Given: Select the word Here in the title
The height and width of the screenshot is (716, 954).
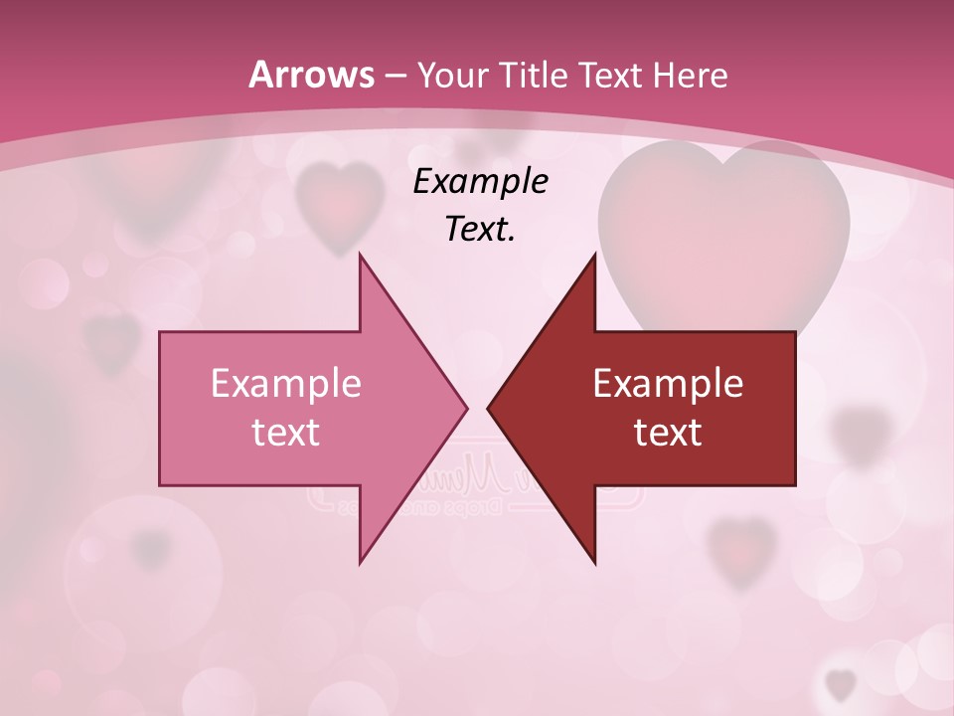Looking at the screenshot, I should point(693,75).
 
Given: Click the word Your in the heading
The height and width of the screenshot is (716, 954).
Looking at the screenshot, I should point(452,75).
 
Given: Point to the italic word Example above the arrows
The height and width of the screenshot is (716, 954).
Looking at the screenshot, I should point(480,181).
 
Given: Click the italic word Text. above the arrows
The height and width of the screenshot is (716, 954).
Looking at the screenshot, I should point(480,229).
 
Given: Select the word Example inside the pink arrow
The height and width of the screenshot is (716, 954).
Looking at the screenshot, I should point(286,383).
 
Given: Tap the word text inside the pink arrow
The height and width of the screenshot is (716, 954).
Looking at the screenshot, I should point(286,432).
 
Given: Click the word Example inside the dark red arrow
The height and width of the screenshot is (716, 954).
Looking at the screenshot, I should point(668,383).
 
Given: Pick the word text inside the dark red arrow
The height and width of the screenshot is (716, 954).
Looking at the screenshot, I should point(668,432).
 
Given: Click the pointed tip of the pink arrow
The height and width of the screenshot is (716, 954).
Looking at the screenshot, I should point(465,407).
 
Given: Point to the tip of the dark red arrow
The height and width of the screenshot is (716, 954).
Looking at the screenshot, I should point(490,407).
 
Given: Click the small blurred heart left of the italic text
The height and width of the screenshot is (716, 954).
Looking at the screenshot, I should point(341,204).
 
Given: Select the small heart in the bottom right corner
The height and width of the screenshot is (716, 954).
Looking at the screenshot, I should point(842,684).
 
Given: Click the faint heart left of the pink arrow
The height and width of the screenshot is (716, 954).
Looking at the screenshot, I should point(111,340).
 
